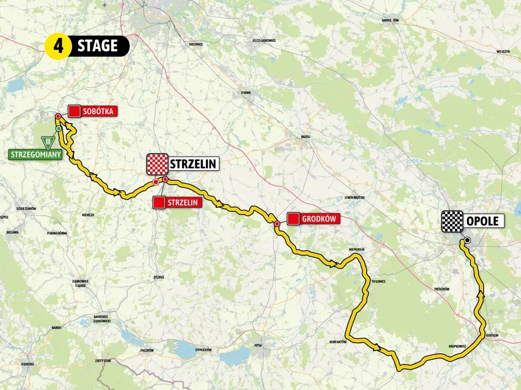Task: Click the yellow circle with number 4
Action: pos(58,46)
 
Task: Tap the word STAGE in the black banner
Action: pos(98,46)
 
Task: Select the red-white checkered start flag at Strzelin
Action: pos(157,164)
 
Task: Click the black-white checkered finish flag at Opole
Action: pos(453,221)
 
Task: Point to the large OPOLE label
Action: pos(483,221)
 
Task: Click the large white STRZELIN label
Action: pos(194,164)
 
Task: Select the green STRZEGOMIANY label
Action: pos(35,155)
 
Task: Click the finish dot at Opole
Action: pos(467,240)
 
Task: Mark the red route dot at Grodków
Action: pos(277,224)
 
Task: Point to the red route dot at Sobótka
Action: pos(58,116)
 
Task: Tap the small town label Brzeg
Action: pos(305,137)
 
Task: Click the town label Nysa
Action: pos(258,346)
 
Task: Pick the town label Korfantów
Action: pos(337,342)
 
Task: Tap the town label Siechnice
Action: pos(195,44)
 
